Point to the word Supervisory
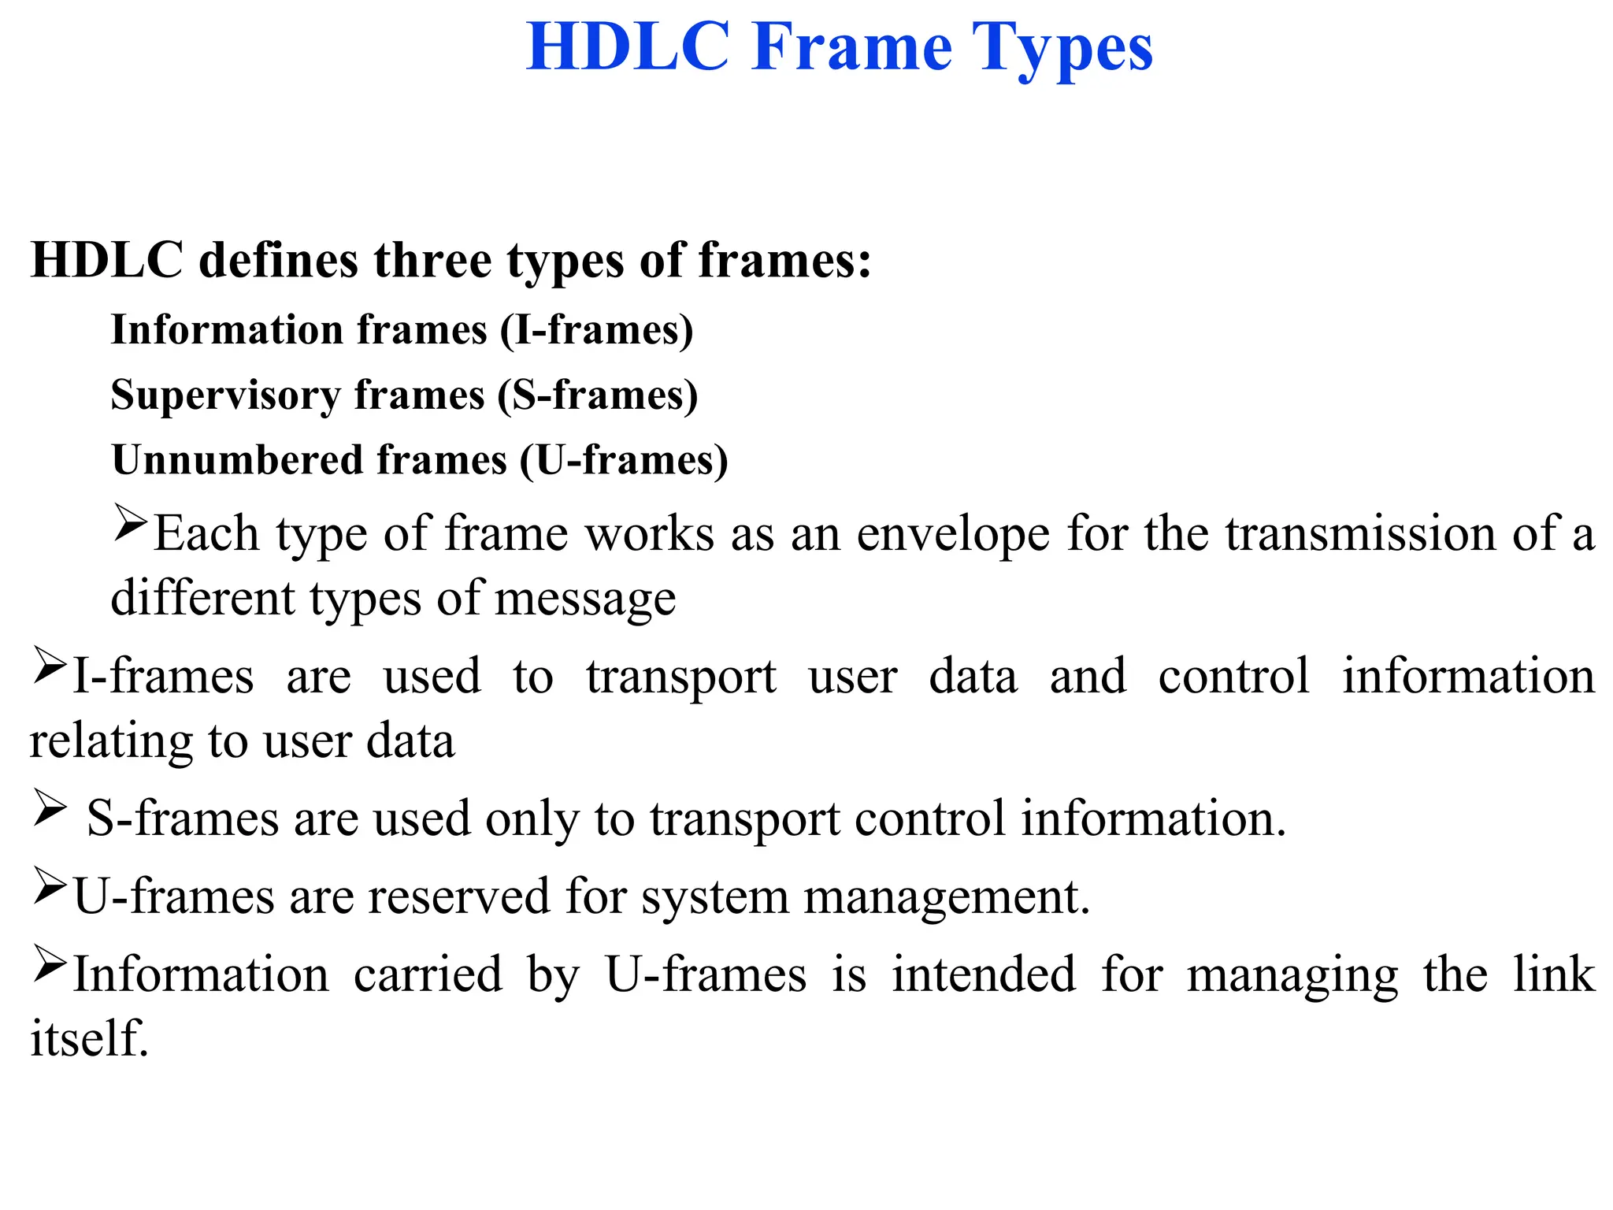coord(225,395)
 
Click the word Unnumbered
coord(236,460)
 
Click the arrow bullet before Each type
coord(129,523)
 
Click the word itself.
coord(89,1038)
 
